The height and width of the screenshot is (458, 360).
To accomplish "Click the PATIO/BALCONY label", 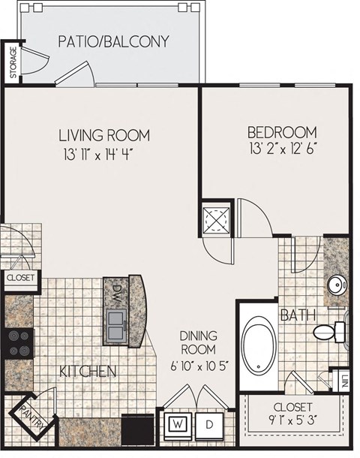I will coord(113,41).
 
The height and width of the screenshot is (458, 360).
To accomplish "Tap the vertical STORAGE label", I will coord(12,63).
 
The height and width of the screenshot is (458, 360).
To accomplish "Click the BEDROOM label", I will coord(282,132).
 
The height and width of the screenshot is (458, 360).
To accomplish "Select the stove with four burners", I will coord(18,342).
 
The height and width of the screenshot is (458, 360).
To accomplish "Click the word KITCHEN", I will coord(88,372).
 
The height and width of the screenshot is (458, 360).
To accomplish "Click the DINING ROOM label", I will coord(198,343).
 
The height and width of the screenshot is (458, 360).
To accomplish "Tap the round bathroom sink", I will coord(336,285).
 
